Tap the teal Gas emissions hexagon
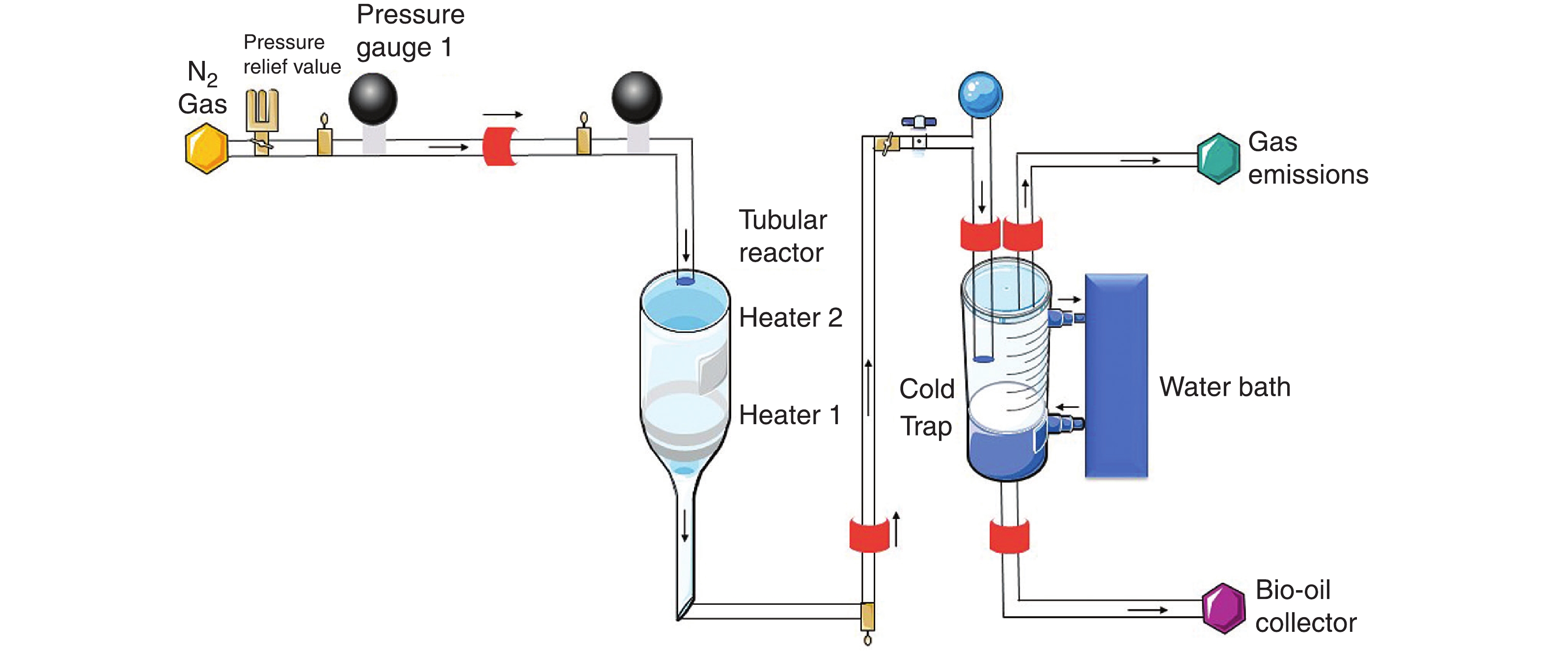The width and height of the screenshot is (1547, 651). pyautogui.click(x=1218, y=159)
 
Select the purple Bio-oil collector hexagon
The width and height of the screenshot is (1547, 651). pyautogui.click(x=1223, y=608)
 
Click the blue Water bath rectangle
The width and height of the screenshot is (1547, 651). pyautogui.click(x=1116, y=376)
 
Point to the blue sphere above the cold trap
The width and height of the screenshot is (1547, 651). pyautogui.click(x=980, y=95)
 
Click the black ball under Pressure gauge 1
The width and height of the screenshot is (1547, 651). pyautogui.click(x=373, y=99)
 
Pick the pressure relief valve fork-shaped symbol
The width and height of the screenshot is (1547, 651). pyautogui.click(x=262, y=110)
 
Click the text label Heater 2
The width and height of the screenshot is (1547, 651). pyautogui.click(x=790, y=318)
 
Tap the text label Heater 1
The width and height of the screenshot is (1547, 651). pyautogui.click(x=789, y=415)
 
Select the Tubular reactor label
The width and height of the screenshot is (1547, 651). pyautogui.click(x=782, y=236)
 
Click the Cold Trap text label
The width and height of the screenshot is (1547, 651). pyautogui.click(x=926, y=407)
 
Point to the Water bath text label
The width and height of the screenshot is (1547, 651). pyautogui.click(x=1224, y=387)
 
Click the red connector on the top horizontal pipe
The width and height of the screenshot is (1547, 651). pyautogui.click(x=499, y=146)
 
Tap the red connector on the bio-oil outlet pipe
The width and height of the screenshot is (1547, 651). pyautogui.click(x=1009, y=536)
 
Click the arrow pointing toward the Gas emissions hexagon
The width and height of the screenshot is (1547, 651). pyautogui.click(x=1140, y=161)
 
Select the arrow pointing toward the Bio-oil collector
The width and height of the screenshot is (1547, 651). pyautogui.click(x=1147, y=610)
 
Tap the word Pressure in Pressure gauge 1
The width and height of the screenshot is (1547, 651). pyautogui.click(x=410, y=14)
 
